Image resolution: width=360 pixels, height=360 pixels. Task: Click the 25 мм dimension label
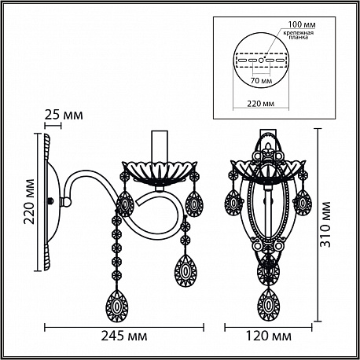[x=64, y=115]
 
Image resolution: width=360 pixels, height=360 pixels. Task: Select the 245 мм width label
[x=124, y=336]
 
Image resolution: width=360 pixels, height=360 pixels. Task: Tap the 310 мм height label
[x=325, y=224]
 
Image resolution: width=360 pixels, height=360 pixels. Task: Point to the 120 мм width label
[x=268, y=336]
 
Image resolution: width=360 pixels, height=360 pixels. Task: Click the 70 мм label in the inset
[x=261, y=80]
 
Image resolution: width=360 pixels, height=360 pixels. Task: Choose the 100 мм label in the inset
[x=302, y=24]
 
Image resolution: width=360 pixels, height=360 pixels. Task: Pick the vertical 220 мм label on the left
[x=28, y=201]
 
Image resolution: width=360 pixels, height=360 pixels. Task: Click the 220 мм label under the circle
[x=261, y=104]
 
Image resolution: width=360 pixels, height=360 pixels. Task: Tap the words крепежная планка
[x=298, y=35]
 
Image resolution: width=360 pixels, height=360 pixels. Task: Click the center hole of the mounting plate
[x=261, y=61]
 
